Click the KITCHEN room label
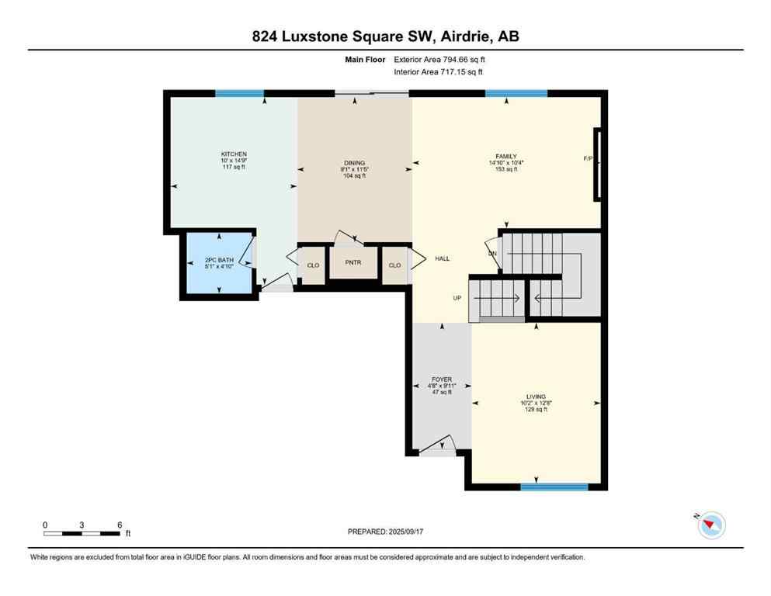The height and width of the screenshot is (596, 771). point(234,154)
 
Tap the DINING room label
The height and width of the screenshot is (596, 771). point(354,163)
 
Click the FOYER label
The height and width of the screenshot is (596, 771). point(441,380)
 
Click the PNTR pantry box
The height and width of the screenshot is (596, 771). point(353,264)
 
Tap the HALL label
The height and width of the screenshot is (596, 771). point(443,259)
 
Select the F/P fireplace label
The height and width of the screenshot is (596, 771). point(588,158)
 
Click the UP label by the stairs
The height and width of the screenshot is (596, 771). point(458,298)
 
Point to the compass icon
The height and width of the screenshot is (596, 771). point(710,525)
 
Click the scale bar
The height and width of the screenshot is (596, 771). point(82,533)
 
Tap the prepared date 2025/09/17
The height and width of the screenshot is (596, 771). point(387,532)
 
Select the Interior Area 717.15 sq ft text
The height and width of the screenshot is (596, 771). point(439,71)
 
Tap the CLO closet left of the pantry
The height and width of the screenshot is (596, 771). point(313,265)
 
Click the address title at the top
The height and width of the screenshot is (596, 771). point(385,36)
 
